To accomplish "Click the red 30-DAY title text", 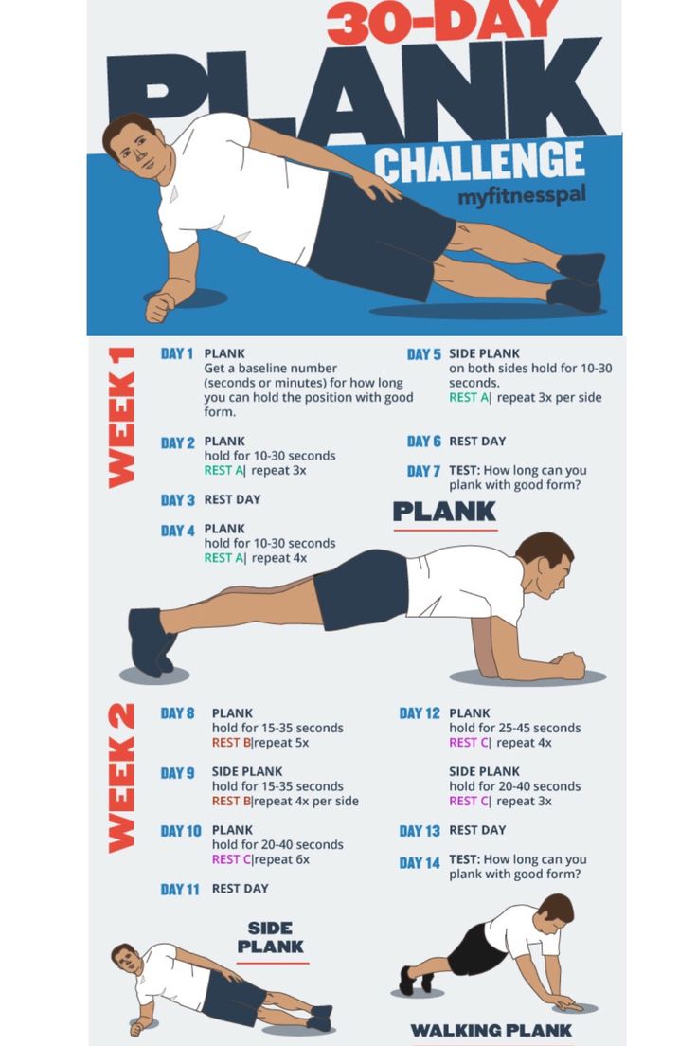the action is click(442, 22).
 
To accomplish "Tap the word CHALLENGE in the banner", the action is click(479, 162).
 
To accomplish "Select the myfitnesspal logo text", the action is click(522, 196).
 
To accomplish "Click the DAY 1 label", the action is click(177, 353).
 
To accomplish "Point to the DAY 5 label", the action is click(424, 354).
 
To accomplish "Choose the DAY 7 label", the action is click(423, 471).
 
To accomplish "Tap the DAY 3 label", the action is click(177, 499).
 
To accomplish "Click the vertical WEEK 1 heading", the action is click(121, 418).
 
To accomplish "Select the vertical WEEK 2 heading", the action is click(121, 778).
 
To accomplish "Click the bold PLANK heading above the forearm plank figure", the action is click(444, 512).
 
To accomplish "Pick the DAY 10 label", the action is click(181, 831).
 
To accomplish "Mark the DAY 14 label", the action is click(420, 862).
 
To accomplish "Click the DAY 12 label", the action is click(420, 713).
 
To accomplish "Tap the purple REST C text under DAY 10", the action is click(231, 859).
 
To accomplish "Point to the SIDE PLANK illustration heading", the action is click(270, 937).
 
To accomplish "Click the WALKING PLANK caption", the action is click(491, 1030).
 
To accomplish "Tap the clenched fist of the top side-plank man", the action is click(160, 307).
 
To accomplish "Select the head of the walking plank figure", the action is click(556, 910).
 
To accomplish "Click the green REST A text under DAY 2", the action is click(223, 470).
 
